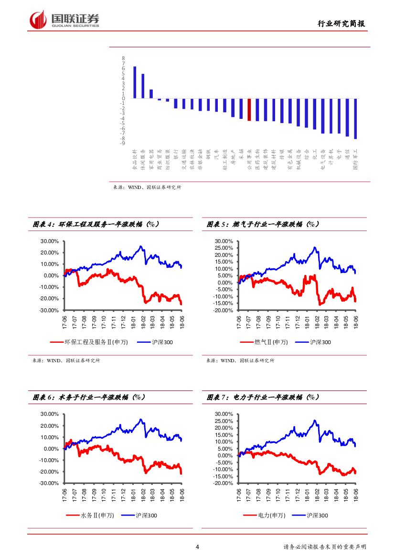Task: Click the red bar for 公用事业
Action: [x=249, y=110]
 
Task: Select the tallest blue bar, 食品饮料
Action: [x=135, y=83]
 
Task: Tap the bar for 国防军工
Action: [x=355, y=119]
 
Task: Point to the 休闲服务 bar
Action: [x=143, y=86]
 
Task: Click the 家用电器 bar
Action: [x=151, y=94]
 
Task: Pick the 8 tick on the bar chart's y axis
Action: [x=123, y=59]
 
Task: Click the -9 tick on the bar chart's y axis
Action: [x=123, y=143]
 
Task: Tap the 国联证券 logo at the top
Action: [x=65, y=20]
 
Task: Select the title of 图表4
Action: [x=96, y=224]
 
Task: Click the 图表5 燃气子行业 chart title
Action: [x=263, y=224]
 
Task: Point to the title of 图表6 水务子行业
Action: [x=89, y=397]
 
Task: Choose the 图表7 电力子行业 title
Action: [x=263, y=397]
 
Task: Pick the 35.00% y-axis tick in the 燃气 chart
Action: [x=224, y=241]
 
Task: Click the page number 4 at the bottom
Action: [x=198, y=547]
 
